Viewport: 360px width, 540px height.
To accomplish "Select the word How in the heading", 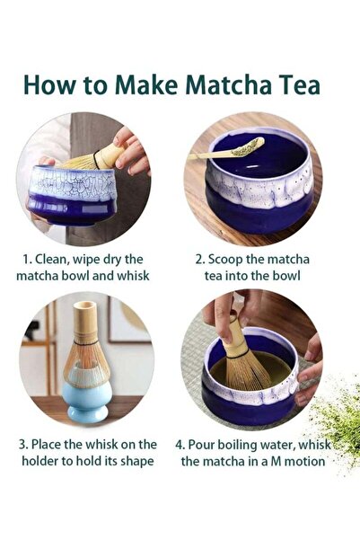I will [x=50, y=85].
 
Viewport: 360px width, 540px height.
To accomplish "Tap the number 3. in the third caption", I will [x=26, y=444].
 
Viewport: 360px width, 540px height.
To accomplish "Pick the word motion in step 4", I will [x=303, y=461].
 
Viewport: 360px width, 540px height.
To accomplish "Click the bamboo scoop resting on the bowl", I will [x=229, y=150].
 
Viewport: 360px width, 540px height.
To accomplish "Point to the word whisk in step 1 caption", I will [x=131, y=275].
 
